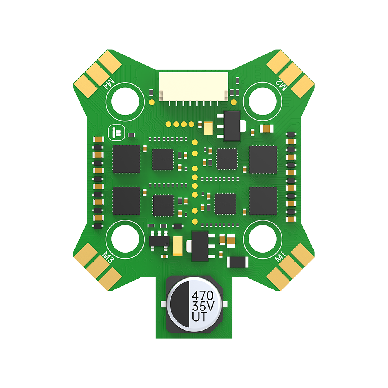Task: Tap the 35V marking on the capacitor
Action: [x=203, y=307]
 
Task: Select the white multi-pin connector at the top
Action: [x=193, y=88]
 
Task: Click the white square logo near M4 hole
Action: [x=114, y=132]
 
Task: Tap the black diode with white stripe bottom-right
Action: [x=237, y=263]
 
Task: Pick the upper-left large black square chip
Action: [x=126, y=159]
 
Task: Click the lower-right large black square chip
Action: [x=263, y=201]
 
